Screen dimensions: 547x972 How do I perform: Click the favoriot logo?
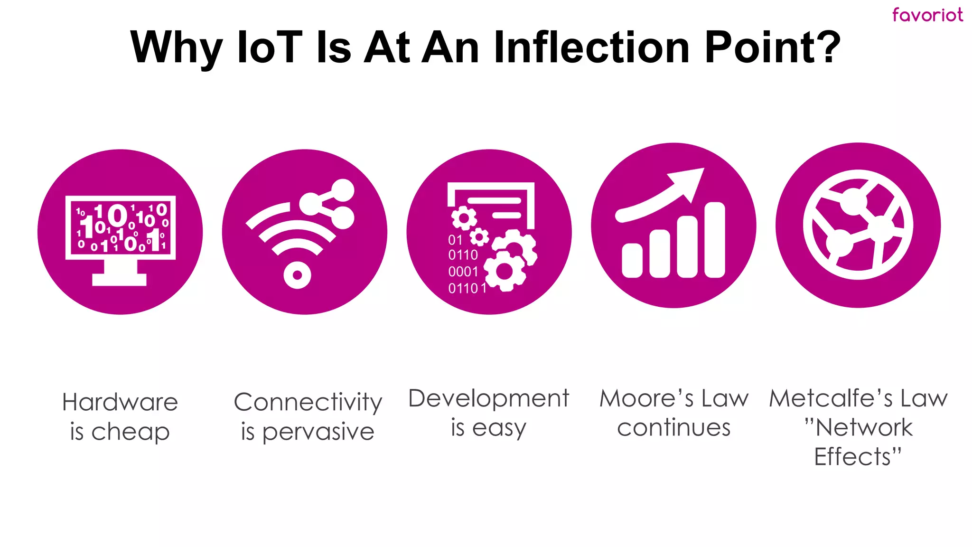point(927,15)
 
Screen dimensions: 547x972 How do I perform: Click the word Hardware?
point(120,402)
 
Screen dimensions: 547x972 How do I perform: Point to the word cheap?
point(131,432)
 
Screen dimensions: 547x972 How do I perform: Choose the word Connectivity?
point(308,403)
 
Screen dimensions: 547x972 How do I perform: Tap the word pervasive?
point(318,432)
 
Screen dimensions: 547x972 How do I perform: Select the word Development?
point(488,398)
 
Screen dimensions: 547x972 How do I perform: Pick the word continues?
point(673,428)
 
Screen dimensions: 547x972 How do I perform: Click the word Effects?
point(852,457)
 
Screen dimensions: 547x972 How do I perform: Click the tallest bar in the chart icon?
point(715,240)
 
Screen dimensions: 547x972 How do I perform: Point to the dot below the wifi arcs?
point(297,275)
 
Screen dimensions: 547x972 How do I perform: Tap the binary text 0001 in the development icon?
point(463,272)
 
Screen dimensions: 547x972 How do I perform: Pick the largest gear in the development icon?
point(505,271)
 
